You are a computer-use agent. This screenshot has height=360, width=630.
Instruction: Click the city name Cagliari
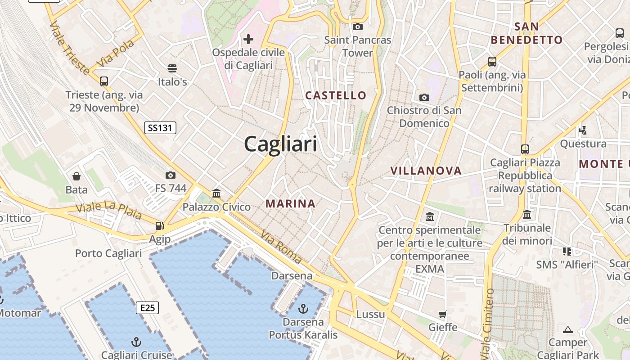pos(280,144)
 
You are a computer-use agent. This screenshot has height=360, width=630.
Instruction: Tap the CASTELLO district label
pos(336,95)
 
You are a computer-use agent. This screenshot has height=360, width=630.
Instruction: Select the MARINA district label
pos(290,203)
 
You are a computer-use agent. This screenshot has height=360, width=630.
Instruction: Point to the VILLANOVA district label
pos(426,171)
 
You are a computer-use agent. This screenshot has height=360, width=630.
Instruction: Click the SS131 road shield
pos(160,128)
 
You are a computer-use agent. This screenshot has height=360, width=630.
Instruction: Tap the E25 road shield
pos(147,308)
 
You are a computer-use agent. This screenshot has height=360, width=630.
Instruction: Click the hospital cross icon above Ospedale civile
pos(248,39)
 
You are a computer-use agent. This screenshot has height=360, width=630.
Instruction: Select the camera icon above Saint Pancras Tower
pos(358,27)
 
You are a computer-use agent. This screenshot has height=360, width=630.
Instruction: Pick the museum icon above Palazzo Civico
pos(216,193)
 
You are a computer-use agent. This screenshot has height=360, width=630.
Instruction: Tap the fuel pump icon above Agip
pos(159,225)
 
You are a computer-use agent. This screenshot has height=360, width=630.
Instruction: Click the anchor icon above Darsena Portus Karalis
pos(303,309)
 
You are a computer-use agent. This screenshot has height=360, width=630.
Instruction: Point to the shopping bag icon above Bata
pos(76,176)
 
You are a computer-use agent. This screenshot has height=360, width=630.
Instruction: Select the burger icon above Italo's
pos(172,68)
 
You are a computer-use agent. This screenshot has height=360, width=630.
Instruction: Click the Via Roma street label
pos(281,247)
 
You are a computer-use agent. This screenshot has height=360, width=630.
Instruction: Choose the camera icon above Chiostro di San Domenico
pos(424,97)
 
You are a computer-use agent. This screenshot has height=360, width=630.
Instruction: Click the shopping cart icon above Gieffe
pos(443,314)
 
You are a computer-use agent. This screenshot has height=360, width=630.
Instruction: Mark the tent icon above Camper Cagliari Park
pos(568,329)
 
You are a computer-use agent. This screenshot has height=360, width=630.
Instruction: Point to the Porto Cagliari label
pos(108,253)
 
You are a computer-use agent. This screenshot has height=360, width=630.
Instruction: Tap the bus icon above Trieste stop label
pos(104,81)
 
